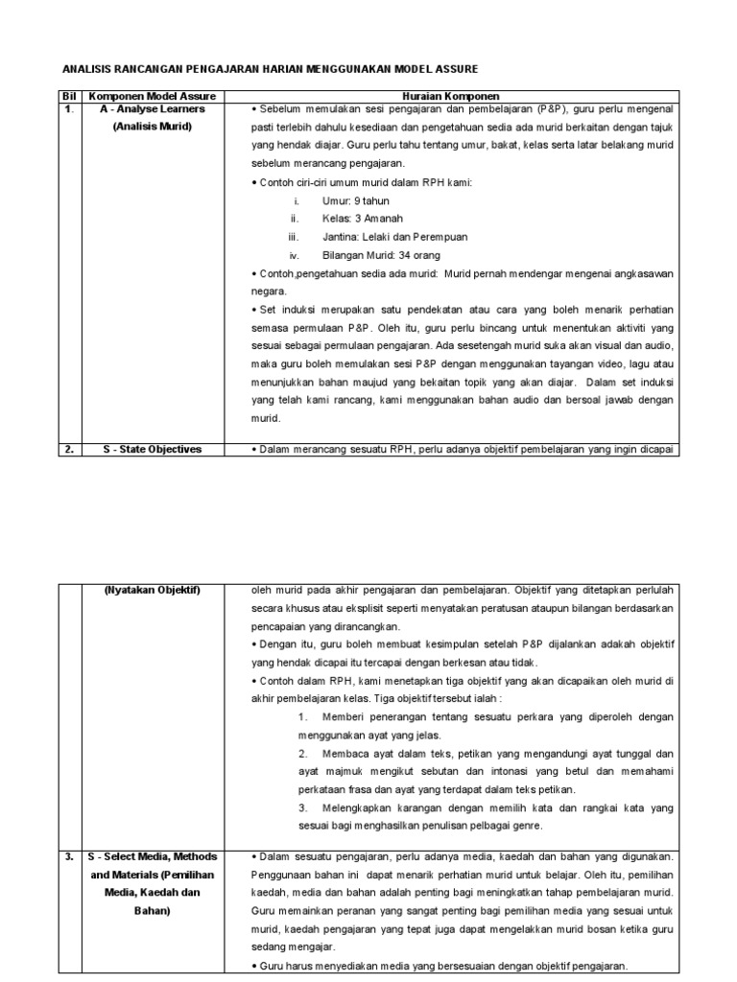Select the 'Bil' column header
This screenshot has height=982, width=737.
68,97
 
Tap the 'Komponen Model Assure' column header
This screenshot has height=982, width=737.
153,97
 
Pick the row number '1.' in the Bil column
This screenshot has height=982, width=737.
68,109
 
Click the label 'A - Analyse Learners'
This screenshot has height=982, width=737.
153,109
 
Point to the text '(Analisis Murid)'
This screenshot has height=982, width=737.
153,128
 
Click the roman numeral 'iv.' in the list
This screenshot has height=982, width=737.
296,255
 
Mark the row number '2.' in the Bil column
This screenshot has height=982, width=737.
68,449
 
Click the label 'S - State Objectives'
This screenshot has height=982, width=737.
153,449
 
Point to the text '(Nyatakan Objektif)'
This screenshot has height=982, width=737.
153,590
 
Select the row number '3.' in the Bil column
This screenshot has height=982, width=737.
68,856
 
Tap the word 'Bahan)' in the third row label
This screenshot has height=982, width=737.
153,911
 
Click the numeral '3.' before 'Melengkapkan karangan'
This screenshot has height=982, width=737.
302,807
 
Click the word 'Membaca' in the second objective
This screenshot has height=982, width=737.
346,754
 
